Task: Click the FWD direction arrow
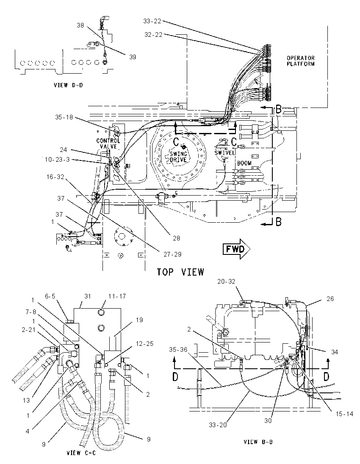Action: click(236, 249)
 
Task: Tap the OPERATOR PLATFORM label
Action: click(300, 61)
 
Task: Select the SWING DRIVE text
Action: click(178, 157)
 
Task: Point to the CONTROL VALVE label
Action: click(108, 144)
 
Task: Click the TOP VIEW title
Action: click(180, 272)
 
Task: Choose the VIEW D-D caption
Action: click(68, 85)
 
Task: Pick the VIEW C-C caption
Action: click(81, 453)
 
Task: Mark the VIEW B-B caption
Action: click(258, 442)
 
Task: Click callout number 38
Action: click(80, 25)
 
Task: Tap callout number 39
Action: click(132, 57)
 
